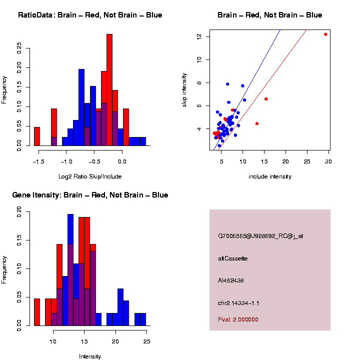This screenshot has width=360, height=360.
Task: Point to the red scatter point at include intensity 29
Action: [325, 34]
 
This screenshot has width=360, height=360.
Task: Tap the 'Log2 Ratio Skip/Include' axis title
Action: [90, 176]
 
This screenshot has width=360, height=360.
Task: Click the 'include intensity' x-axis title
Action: [270, 176]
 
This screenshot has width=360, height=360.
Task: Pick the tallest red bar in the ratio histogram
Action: [109, 90]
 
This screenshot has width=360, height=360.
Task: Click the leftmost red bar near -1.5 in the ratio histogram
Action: [37, 136]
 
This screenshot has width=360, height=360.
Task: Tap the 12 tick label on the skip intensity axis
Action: [199, 36]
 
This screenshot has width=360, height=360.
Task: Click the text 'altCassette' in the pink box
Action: [233, 258]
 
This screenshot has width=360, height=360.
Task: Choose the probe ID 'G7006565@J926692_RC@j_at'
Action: [260, 236]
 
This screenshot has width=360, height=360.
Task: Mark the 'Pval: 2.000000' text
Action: [238, 319]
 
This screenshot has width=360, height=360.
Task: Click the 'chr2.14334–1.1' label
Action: [238, 303]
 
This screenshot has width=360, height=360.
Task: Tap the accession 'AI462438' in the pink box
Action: [231, 280]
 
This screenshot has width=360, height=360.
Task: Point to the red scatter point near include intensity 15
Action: [266, 99]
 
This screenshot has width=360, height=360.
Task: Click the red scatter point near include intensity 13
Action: [257, 123]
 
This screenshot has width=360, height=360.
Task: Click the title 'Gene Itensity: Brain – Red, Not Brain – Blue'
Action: [90, 195]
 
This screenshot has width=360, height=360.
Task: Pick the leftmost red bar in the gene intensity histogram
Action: [37, 312]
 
